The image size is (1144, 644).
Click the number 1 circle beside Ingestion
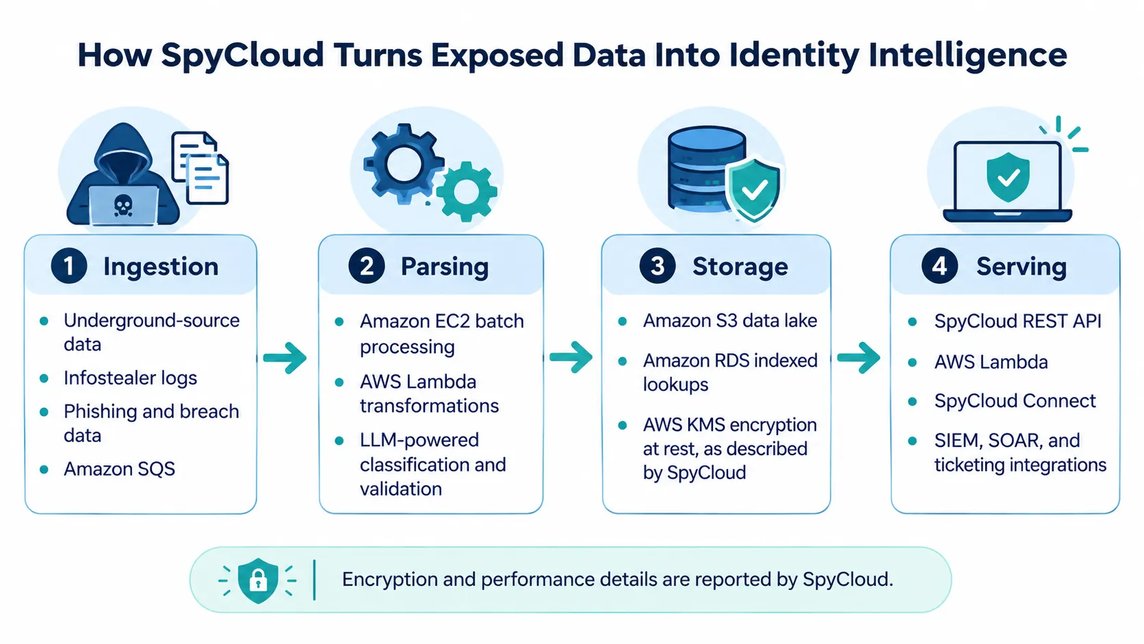[x=69, y=266]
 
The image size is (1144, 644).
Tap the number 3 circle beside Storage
[x=658, y=266]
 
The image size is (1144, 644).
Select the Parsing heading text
[x=444, y=267]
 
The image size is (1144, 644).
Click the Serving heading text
[x=1022, y=267]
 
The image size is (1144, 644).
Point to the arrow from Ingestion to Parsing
[x=285, y=358]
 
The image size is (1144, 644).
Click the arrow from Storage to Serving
[x=859, y=358]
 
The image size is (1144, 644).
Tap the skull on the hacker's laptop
[x=122, y=205]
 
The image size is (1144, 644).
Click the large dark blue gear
[x=404, y=164]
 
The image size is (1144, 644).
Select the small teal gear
[x=466, y=192]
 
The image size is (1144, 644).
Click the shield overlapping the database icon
[x=753, y=190]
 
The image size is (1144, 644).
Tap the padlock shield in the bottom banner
[x=258, y=580]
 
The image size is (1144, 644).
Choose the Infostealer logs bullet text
[x=130, y=378]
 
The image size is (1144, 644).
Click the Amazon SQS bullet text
[x=120, y=469]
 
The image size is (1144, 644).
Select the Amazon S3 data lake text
[x=730, y=321]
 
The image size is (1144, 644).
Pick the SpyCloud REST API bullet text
[x=1018, y=321]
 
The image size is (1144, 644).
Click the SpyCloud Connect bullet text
[x=1015, y=401]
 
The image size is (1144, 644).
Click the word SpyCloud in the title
[x=242, y=55]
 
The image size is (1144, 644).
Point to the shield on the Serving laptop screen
[x=1008, y=177]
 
